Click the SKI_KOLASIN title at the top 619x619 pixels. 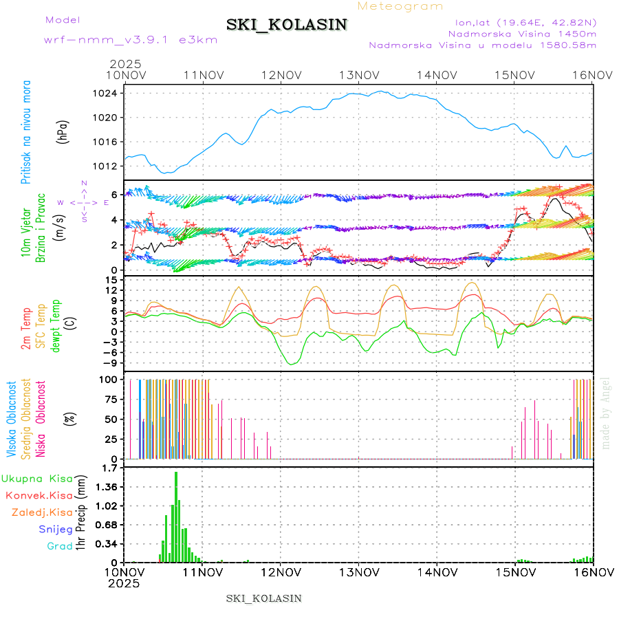coord(287,25)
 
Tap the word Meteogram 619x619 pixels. coord(400,6)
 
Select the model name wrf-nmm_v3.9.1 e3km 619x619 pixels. coord(131,40)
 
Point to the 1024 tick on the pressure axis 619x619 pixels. coord(111,94)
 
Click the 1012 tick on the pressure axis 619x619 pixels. coord(111,166)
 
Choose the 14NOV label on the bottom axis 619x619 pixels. coord(438,572)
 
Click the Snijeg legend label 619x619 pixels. coord(55,529)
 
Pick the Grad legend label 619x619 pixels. coord(59,546)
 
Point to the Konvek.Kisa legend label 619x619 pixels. coord(39,495)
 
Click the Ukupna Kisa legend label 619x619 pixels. coord(37,478)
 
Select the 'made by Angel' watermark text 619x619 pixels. coord(606,413)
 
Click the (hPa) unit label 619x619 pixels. coord(63,131)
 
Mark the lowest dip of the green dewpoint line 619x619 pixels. coord(292,363)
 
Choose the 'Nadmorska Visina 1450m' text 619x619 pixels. coord(522,33)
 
